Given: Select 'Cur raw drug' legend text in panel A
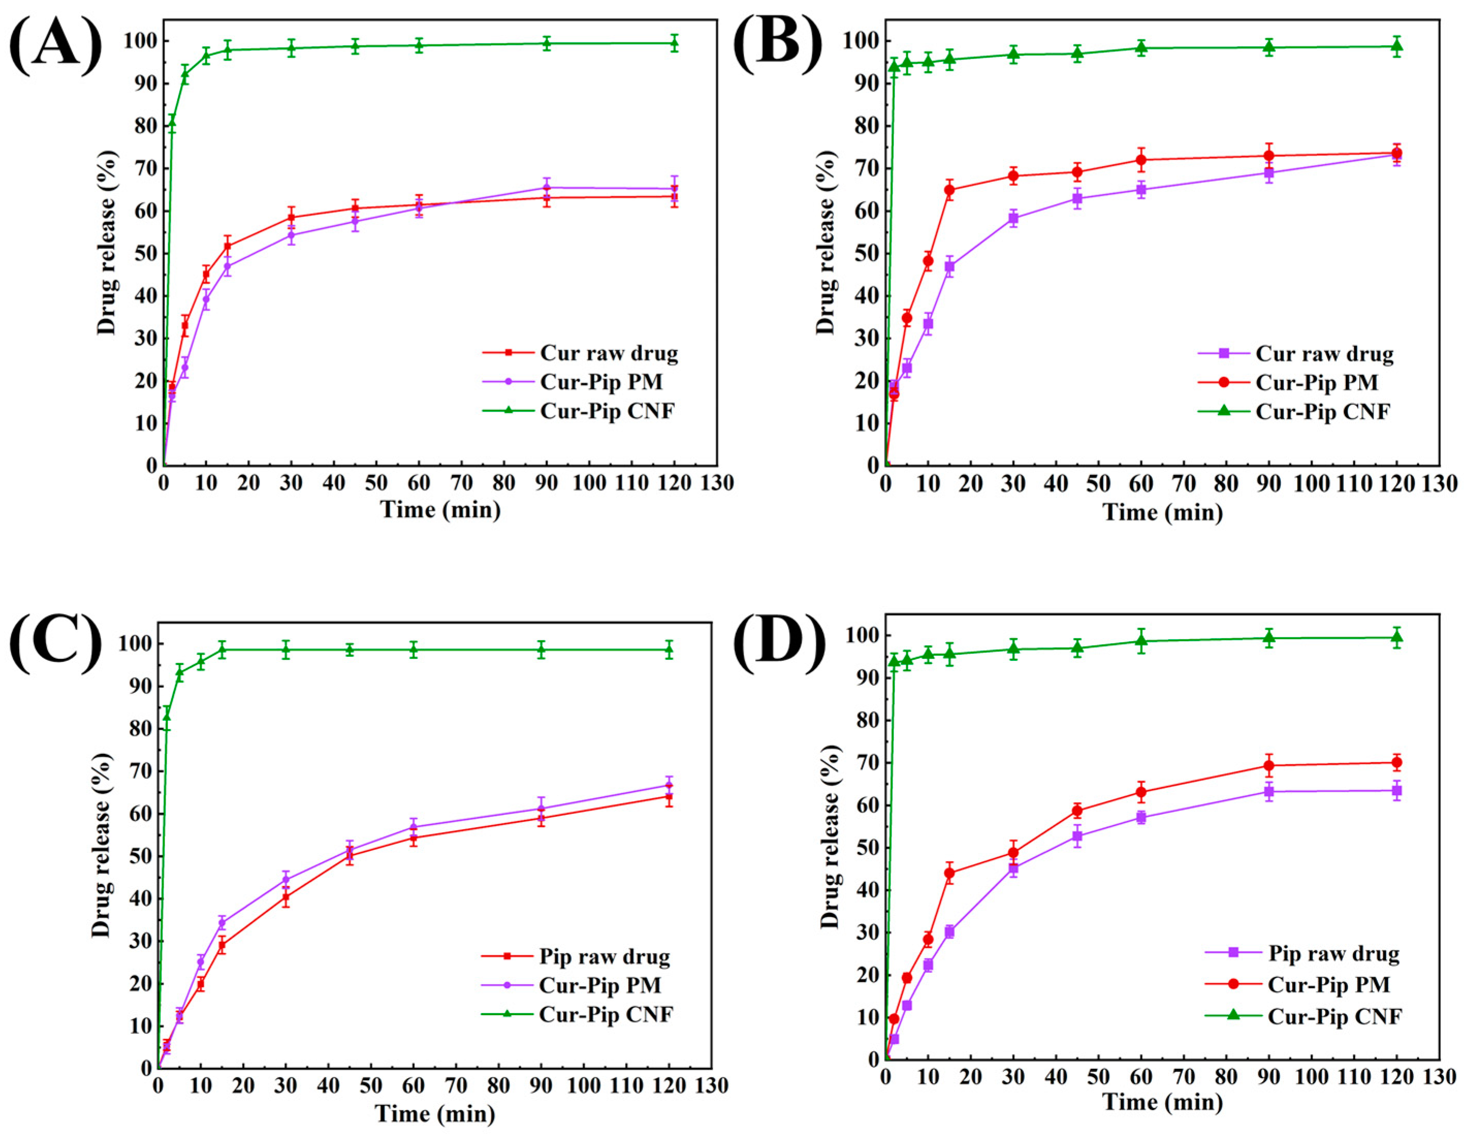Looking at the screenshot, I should (608, 353).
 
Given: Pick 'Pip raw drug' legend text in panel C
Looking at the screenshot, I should (605, 956).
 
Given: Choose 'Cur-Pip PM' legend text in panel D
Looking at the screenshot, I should (1329, 985).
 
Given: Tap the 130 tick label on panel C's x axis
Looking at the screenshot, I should (711, 1085).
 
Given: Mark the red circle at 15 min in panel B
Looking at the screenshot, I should (949, 190).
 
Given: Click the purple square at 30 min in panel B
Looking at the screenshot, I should (1013, 218).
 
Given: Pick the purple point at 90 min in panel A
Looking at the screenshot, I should (546, 188).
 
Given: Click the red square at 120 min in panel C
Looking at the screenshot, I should (668, 796).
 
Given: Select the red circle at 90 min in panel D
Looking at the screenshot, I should (1268, 765).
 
